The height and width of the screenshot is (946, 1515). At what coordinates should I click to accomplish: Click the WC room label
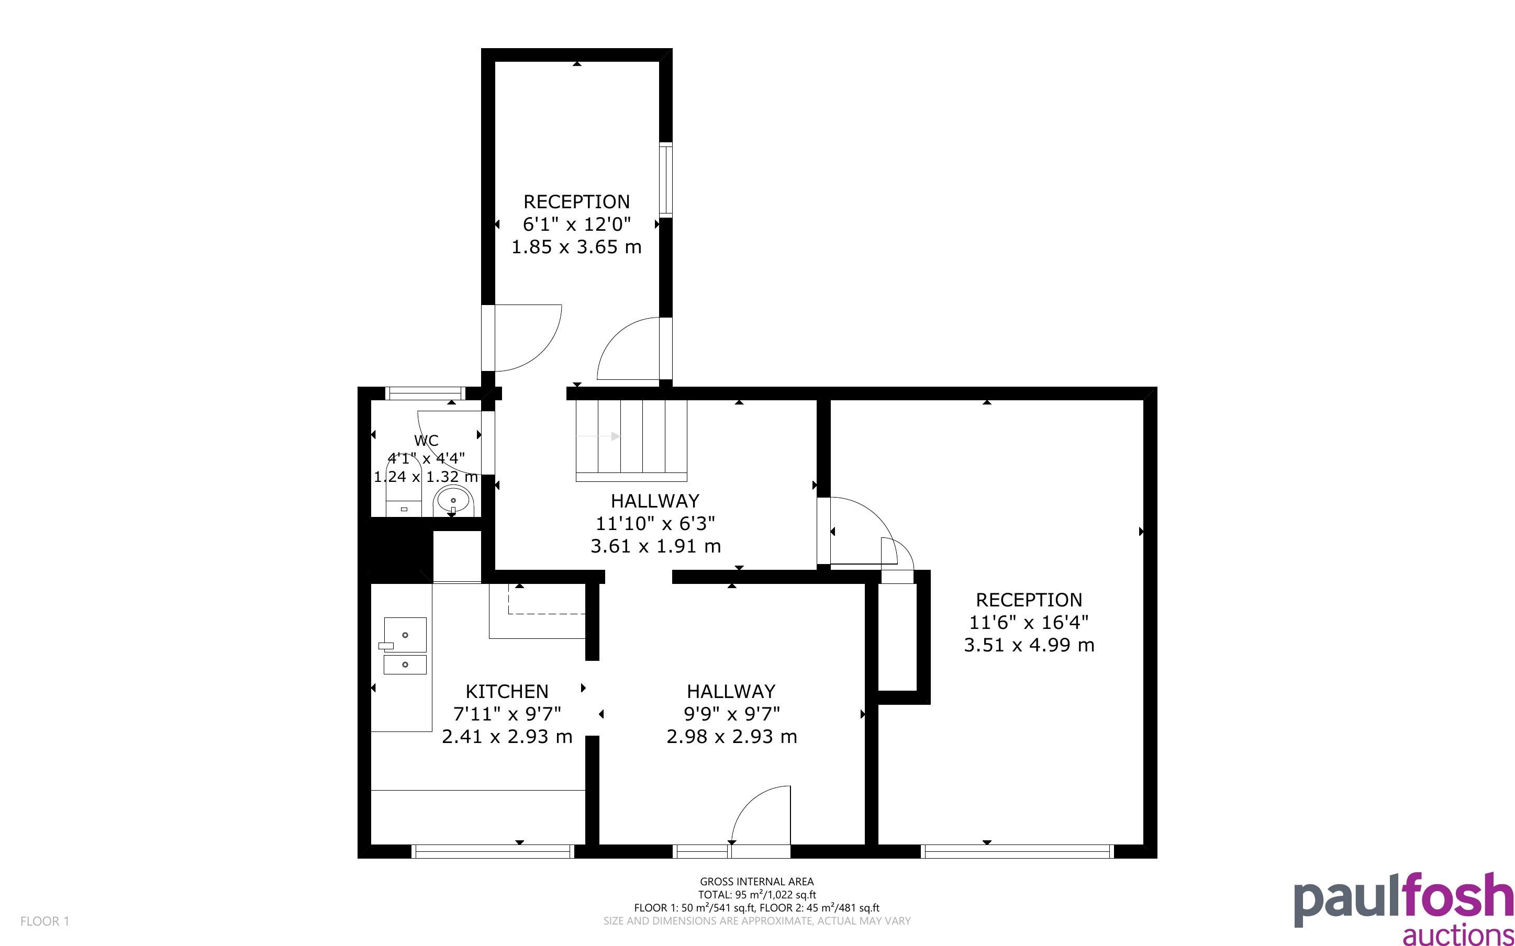click(x=426, y=441)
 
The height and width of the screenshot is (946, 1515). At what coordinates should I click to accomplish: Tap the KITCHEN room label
click(x=507, y=691)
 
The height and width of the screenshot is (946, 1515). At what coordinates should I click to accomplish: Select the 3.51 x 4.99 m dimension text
click(x=1029, y=645)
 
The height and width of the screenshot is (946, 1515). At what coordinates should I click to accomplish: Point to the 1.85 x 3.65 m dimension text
click(x=576, y=247)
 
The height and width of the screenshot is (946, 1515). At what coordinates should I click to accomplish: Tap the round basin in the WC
click(x=452, y=501)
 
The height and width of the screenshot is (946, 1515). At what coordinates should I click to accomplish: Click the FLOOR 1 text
click(x=44, y=921)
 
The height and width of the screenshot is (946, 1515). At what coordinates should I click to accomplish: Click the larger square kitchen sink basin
click(x=405, y=635)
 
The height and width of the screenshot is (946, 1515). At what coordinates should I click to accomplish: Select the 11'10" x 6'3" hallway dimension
click(x=655, y=523)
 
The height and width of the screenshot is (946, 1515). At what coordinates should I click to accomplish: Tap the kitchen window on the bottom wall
click(x=493, y=851)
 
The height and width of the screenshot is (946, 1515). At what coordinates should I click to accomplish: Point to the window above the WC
click(x=425, y=393)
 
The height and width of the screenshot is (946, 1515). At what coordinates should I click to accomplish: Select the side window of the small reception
click(x=666, y=180)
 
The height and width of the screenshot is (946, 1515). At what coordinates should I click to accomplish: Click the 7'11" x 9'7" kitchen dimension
click(x=507, y=714)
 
